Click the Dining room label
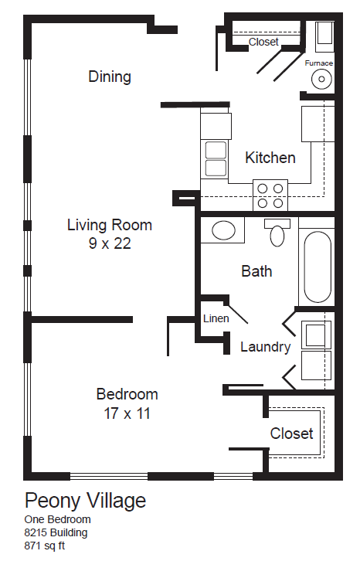[x=110, y=76]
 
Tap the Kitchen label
[x=270, y=158]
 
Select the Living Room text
[x=110, y=226]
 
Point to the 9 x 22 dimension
[x=110, y=244]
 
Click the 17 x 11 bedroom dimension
[x=127, y=413]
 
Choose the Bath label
[x=256, y=271]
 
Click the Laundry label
[x=265, y=347]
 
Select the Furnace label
[x=318, y=63]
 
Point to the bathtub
[x=317, y=267]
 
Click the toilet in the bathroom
[x=277, y=231]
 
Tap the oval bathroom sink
[x=224, y=230]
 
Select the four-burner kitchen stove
[x=270, y=195]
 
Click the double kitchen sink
[x=216, y=158]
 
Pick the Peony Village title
[x=85, y=501]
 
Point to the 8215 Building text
[x=56, y=532]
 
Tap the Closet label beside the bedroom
[x=291, y=433]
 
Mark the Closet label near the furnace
[x=263, y=42]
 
